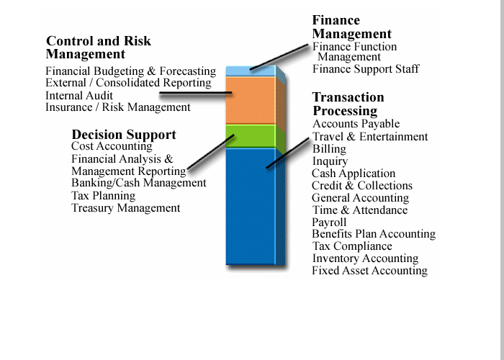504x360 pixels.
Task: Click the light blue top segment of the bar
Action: pos(251,71)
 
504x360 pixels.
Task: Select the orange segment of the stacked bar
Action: pos(251,100)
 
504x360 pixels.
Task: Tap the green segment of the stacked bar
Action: pos(251,136)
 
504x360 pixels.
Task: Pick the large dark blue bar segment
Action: pos(251,207)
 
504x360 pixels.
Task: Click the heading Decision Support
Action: pos(124,135)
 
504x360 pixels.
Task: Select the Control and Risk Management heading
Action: pos(99,48)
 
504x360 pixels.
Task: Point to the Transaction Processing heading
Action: pos(348,104)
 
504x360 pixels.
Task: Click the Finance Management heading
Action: pos(352,27)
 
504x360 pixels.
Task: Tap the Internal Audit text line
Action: pos(79,96)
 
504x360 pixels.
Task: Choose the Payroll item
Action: pos(329,222)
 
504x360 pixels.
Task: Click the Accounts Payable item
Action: pos(356,124)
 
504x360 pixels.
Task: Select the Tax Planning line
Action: pos(103,196)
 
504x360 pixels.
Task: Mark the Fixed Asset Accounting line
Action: pos(369,271)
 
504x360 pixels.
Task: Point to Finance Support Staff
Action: pos(366,69)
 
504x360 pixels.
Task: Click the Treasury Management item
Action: pos(126,208)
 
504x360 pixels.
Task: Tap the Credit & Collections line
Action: pos(362,186)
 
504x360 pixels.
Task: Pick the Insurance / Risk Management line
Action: pos(118,107)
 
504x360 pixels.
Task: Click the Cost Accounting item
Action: pos(112,146)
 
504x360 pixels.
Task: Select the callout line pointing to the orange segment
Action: pos(195,93)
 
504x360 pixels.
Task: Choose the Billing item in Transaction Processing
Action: pos(329,149)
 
